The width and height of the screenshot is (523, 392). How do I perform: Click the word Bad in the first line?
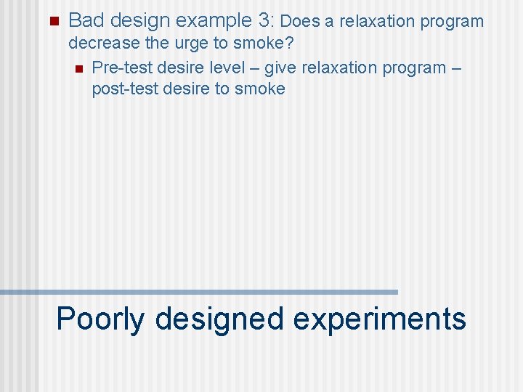86,20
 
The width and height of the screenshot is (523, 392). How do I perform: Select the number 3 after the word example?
266,20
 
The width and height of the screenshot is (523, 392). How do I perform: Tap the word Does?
299,21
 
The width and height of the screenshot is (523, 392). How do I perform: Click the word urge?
190,44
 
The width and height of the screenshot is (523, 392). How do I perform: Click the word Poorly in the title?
100,319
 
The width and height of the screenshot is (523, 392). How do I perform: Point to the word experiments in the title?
379,319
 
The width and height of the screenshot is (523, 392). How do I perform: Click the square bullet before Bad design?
49,20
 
